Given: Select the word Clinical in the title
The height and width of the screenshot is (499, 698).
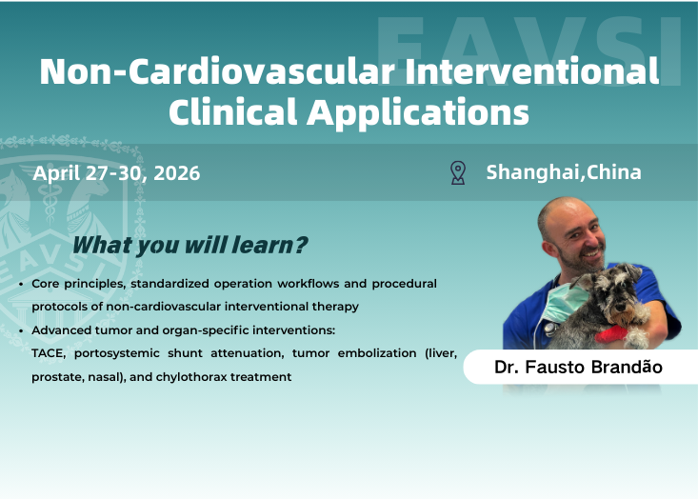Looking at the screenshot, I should coord(231,112).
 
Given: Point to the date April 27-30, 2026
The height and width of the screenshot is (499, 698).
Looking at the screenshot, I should coord(116,173).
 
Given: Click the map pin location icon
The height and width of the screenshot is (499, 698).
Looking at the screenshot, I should coord(458,172).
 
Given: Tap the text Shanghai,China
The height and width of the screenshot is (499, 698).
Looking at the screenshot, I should coord(563,172).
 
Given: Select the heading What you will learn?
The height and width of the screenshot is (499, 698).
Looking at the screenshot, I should coord(189,245).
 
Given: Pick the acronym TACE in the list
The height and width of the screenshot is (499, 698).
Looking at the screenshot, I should coord(50,353).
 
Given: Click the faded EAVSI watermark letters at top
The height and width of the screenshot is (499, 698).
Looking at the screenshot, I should coord(528,43).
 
